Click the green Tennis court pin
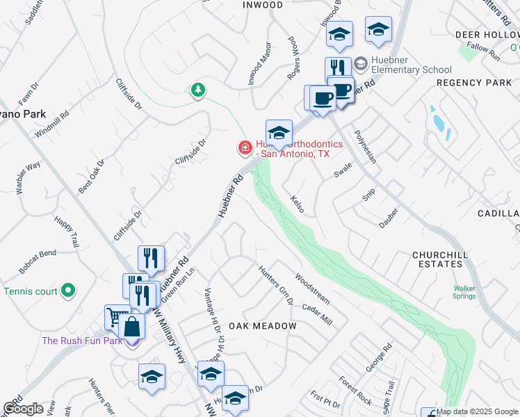[68, 291]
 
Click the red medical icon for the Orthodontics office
[245, 147]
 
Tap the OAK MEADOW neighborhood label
[262, 326]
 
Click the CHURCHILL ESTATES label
[446, 259]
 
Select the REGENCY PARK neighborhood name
[474, 83]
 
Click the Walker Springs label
[464, 293]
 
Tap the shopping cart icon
[115, 317]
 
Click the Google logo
[23, 409]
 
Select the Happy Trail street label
[67, 231]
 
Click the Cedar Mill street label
[317, 314]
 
